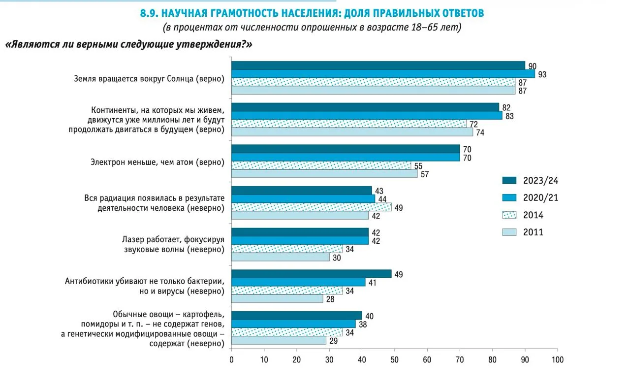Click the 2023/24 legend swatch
click(509, 181)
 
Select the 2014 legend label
click(534, 215)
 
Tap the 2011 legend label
click(534, 232)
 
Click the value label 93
click(542, 74)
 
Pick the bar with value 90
click(378, 65)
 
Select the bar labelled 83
click(367, 116)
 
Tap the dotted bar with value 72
click(348, 124)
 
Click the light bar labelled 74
click(352, 132)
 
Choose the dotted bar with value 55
click(321, 165)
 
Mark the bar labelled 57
click(324, 174)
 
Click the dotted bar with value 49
click(311, 207)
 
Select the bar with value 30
click(280, 257)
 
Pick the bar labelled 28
click(277, 299)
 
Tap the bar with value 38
click(293, 324)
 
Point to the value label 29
click(333, 340)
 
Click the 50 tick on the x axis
click(395, 360)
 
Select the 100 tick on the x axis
click(557, 360)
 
